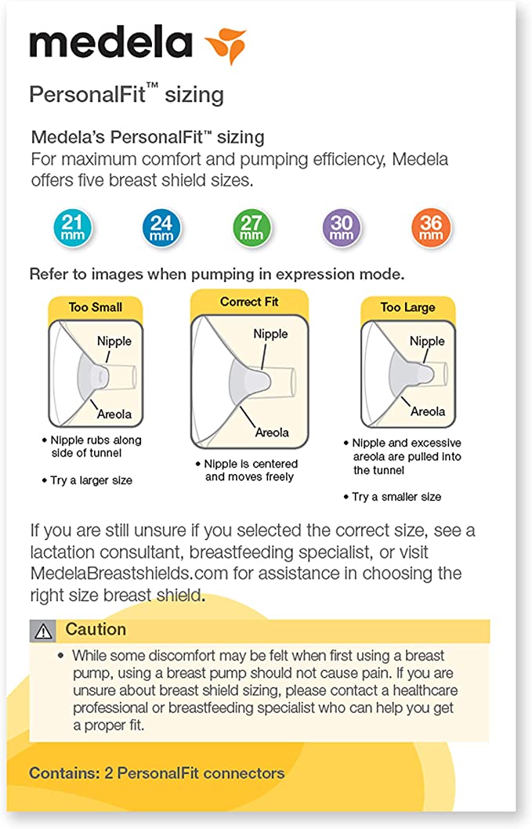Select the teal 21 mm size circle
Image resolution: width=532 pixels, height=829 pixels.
point(72,227)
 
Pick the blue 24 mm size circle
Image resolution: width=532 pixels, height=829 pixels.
point(161,227)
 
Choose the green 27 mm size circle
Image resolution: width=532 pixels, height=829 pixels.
point(252,227)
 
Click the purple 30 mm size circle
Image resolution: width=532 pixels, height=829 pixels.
point(342,227)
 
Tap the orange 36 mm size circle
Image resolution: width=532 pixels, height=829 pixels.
point(431,227)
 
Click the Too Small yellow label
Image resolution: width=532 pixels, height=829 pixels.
point(95,307)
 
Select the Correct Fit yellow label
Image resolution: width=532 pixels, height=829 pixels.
point(249,302)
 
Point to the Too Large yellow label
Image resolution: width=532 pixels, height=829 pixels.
point(407,307)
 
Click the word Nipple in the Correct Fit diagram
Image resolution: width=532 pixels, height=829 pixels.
point(270,334)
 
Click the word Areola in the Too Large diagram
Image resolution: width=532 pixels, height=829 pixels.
point(428,411)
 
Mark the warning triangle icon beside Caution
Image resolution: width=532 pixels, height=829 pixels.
point(43,630)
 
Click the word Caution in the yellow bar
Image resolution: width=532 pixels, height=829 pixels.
point(96,629)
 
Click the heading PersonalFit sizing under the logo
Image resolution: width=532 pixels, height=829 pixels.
point(126,95)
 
